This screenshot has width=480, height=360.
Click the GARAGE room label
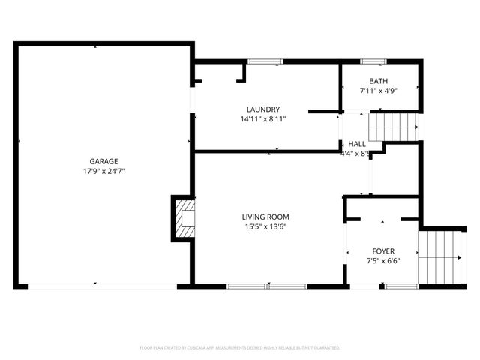click(103, 161)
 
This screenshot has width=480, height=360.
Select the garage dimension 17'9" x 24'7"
click(103, 171)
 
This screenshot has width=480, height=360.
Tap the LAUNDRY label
click(263, 109)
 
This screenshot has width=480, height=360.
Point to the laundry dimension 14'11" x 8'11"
click(263, 119)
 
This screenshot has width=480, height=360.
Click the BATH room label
click(379, 81)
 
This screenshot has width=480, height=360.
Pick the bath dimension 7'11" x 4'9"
click(379, 91)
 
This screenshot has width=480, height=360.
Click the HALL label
click(357, 143)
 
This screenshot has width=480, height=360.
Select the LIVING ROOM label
click(265, 217)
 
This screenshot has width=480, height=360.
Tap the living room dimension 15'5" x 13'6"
click(265, 226)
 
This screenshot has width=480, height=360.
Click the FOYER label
click(383, 251)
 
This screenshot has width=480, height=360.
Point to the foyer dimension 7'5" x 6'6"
click(383, 261)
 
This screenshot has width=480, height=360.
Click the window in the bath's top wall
click(373, 61)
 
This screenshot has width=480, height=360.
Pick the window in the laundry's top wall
click(261, 61)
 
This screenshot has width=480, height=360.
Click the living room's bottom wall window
click(267, 286)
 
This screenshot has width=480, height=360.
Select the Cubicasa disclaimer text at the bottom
click(240, 348)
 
